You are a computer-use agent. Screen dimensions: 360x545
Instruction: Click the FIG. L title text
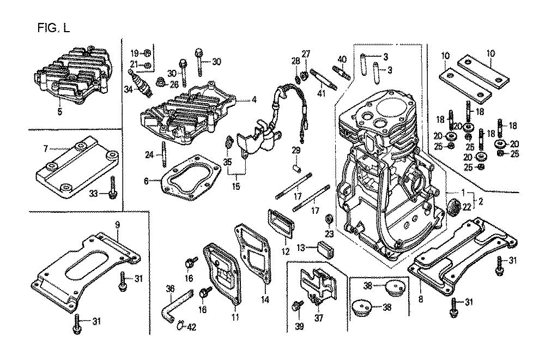[54, 28]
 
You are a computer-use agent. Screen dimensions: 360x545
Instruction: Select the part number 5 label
[60, 112]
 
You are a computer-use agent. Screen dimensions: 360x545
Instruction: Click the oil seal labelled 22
[452, 207]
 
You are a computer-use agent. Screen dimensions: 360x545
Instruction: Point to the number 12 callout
[284, 251]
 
